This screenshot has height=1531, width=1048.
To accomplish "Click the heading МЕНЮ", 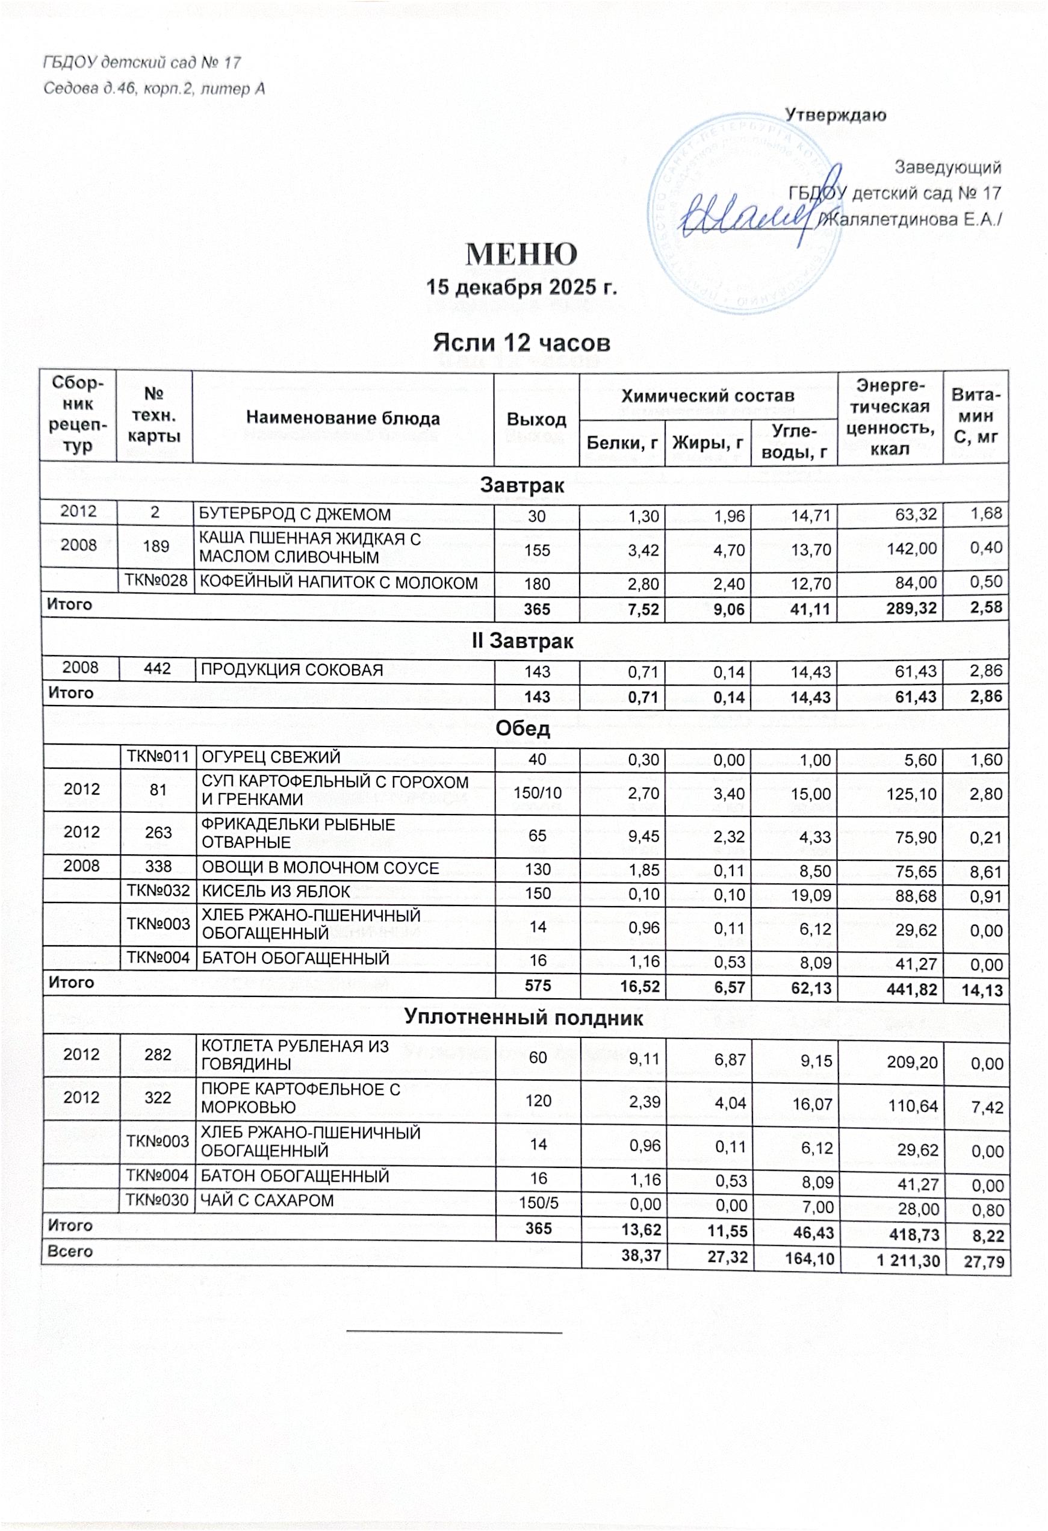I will pyautogui.click(x=521, y=254).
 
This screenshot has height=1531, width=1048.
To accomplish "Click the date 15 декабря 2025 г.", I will pyautogui.click(x=521, y=288).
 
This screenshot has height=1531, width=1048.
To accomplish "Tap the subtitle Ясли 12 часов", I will pyautogui.click(x=521, y=343).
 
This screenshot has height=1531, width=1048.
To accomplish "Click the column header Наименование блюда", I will pyautogui.click(x=343, y=418).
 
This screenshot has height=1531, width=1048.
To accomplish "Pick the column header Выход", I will pyautogui.click(x=536, y=420).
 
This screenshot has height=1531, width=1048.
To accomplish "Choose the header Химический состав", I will pyautogui.click(x=707, y=396).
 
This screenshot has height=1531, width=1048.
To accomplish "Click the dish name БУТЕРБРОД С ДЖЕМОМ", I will pyautogui.click(x=295, y=515).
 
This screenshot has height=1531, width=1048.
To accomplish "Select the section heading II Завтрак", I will pyautogui.click(x=522, y=641).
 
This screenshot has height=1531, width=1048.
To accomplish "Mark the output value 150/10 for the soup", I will pyautogui.click(x=538, y=792).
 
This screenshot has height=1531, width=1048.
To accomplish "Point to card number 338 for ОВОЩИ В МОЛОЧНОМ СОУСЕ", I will pyautogui.click(x=158, y=866).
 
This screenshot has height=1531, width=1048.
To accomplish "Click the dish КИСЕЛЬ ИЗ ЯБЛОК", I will pyautogui.click(x=275, y=892).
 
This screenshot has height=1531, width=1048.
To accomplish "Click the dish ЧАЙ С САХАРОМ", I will pyautogui.click(x=267, y=1200).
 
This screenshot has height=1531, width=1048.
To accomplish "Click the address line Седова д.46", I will pyautogui.click(x=154, y=89).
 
